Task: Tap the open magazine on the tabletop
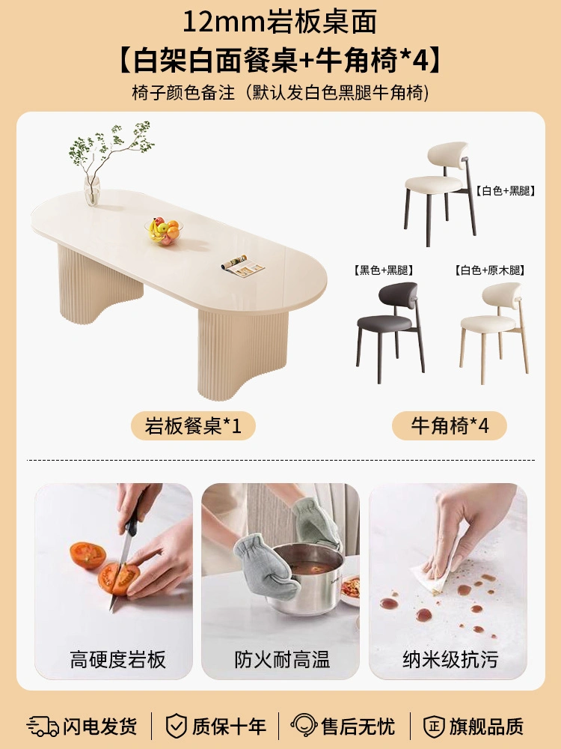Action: point(242,266)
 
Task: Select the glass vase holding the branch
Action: point(91,190)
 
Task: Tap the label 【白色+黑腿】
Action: point(505,191)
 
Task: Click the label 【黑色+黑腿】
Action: point(383,270)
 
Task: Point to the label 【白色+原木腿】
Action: point(490,270)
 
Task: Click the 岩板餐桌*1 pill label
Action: point(193,425)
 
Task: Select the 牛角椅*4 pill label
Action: point(450,425)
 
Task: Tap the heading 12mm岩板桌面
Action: point(280,22)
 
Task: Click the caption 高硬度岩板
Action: point(118,660)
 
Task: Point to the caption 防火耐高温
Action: point(282,660)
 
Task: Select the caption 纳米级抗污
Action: point(450,660)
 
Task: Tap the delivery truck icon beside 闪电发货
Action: point(43,726)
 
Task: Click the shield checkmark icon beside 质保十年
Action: point(176,726)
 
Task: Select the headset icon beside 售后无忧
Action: point(304,726)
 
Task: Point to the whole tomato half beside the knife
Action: point(88,555)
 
